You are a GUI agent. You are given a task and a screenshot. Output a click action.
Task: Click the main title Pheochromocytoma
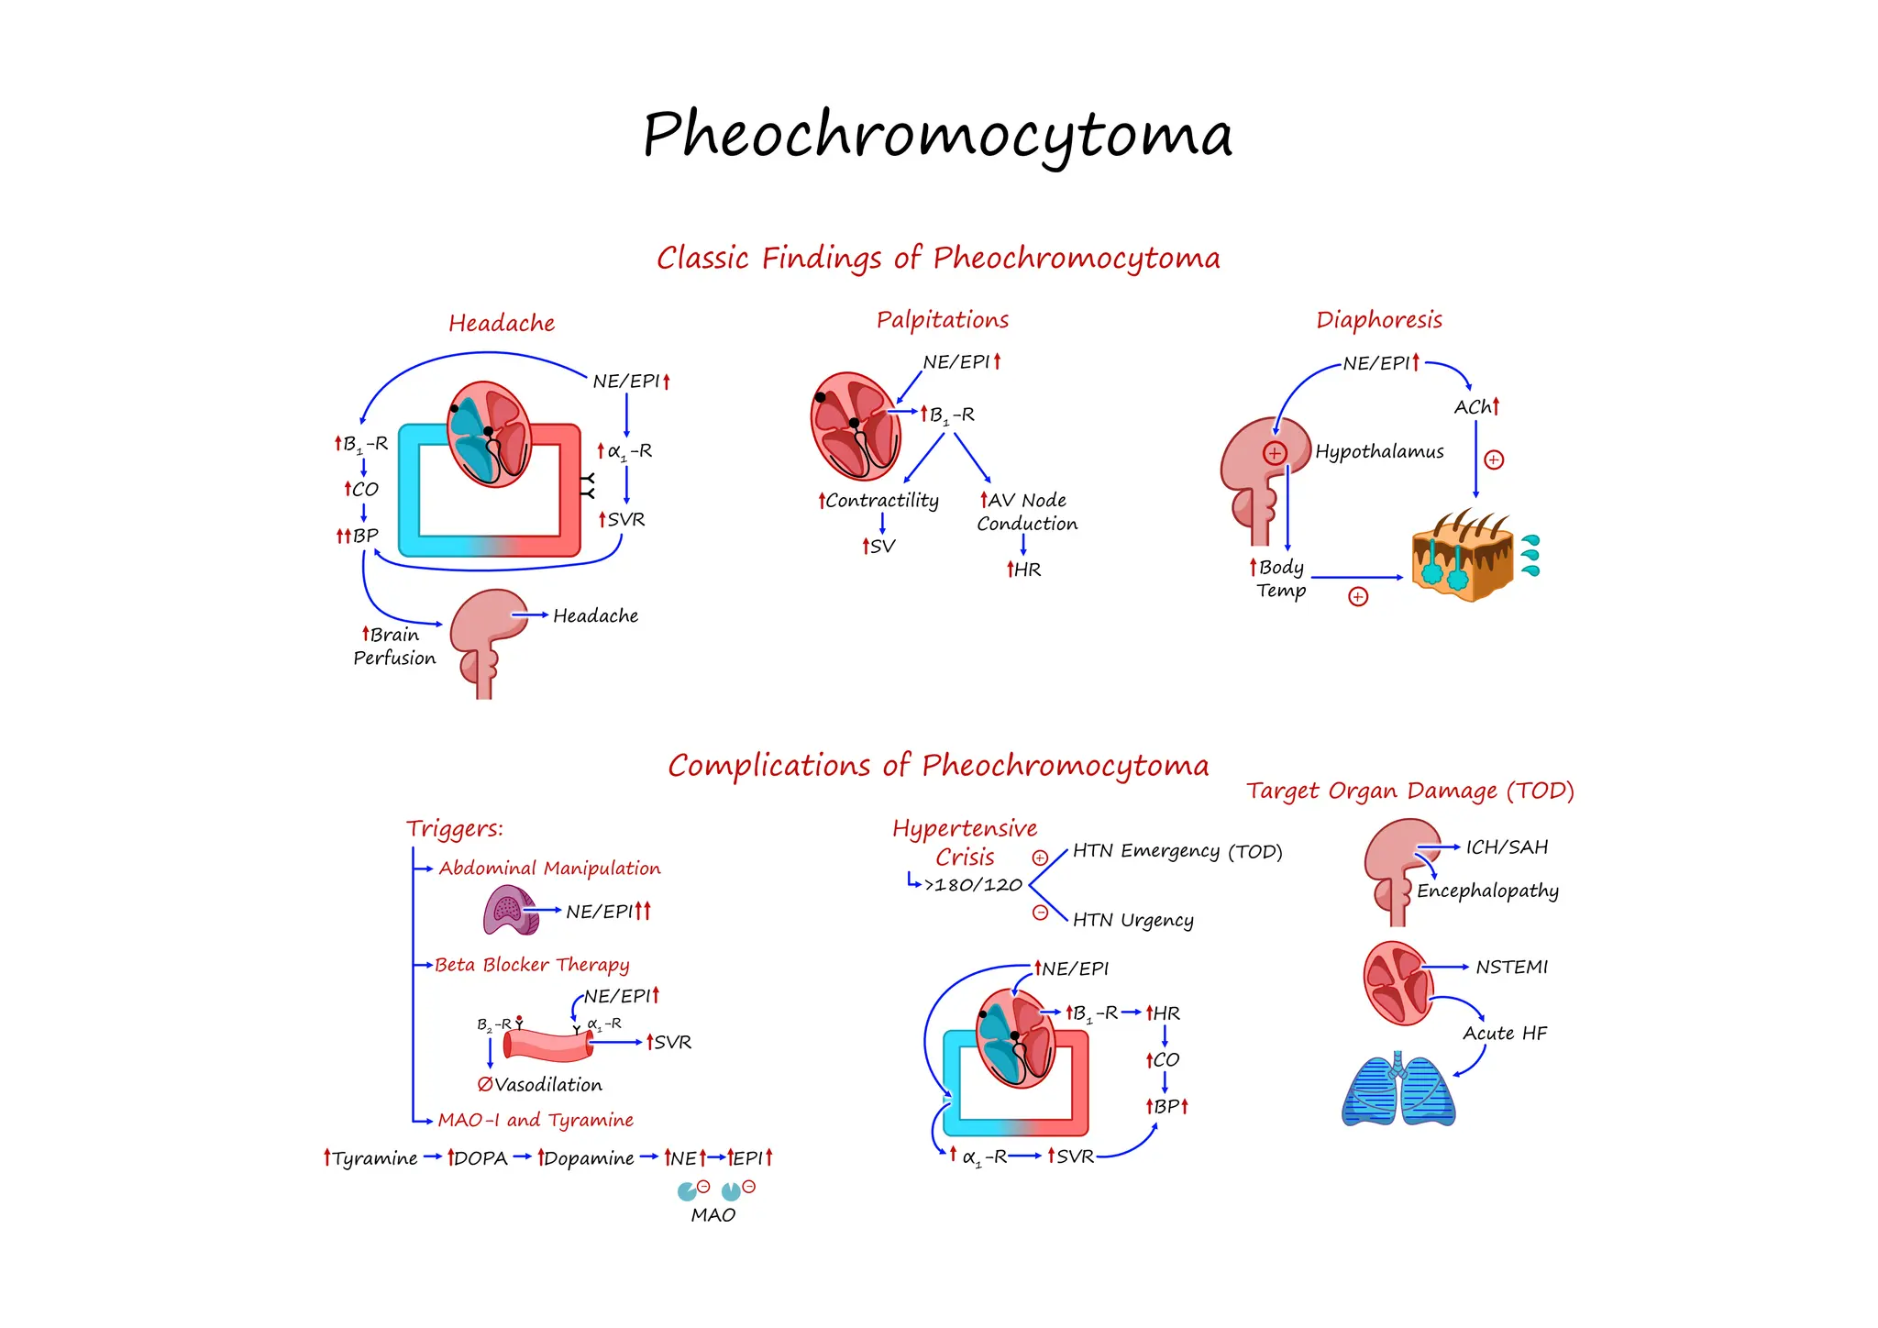[x=937, y=136]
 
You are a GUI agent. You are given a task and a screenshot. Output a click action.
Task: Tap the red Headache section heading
[x=502, y=324]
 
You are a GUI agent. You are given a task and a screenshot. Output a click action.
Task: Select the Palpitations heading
[x=942, y=320]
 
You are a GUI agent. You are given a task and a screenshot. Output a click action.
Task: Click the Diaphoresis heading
[x=1378, y=320]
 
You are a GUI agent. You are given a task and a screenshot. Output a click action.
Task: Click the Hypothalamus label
[x=1378, y=451]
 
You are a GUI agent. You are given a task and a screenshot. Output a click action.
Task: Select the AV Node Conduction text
[x=1026, y=512]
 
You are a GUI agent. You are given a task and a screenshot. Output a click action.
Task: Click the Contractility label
[x=880, y=501]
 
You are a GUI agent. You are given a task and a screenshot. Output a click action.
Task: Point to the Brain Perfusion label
[x=394, y=647]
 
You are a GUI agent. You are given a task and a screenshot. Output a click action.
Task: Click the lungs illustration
[x=1398, y=1090]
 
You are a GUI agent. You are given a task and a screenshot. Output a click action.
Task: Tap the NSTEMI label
[x=1511, y=968]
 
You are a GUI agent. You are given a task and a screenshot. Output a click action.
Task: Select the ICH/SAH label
[x=1506, y=847]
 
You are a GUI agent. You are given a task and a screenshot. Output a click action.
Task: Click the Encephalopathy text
[x=1486, y=891]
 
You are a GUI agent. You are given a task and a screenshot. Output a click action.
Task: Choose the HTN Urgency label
[x=1132, y=920]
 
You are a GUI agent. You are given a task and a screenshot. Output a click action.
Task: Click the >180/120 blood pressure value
[x=973, y=885]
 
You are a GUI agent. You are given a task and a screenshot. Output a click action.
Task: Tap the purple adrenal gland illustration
[x=510, y=910]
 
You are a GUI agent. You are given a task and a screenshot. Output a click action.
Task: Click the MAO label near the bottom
[x=713, y=1215]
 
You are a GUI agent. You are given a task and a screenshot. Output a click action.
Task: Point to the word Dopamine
[x=588, y=1158]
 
